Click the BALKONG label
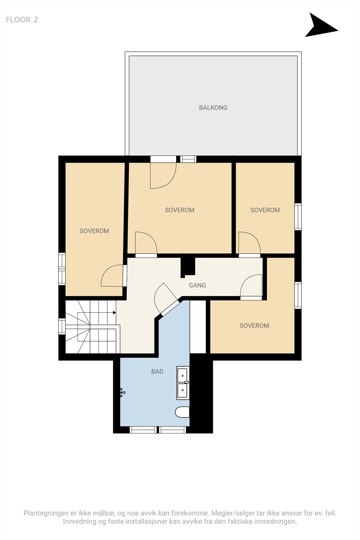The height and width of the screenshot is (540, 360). pyautogui.click(x=213, y=108)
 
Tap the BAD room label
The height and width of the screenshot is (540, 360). pyautogui.click(x=157, y=372)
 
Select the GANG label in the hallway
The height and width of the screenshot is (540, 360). pyautogui.click(x=197, y=285)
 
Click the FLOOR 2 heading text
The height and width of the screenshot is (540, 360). pyautogui.click(x=22, y=20)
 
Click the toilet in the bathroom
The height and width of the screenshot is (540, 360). pyautogui.click(x=183, y=412)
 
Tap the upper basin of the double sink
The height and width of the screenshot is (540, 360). pyautogui.click(x=183, y=375)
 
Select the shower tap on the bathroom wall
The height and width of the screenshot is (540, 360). pyautogui.click(x=122, y=392)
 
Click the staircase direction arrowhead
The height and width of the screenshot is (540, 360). pyautogui.click(x=114, y=313)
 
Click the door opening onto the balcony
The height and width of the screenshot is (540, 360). pyautogui.click(x=163, y=175)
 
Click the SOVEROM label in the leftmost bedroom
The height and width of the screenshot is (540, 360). pyautogui.click(x=94, y=231)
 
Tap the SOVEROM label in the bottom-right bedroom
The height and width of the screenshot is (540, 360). pyautogui.click(x=254, y=326)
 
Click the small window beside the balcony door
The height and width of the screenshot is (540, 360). pyautogui.click(x=188, y=159)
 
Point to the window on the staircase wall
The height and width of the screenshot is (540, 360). pyautogui.click(x=62, y=326)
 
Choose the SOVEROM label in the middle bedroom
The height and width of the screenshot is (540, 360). pyautogui.click(x=179, y=210)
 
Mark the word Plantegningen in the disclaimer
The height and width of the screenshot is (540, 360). pyautogui.click(x=46, y=513)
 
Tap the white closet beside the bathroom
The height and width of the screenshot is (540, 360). pyautogui.click(x=198, y=327)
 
